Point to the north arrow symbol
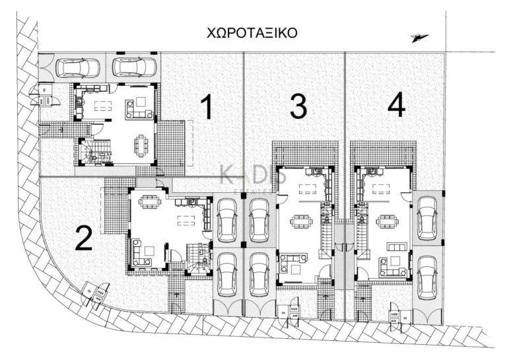[419, 38]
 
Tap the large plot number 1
[206, 108]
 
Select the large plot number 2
[83, 238]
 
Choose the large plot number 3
[298, 106]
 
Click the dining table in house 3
[300, 222]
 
